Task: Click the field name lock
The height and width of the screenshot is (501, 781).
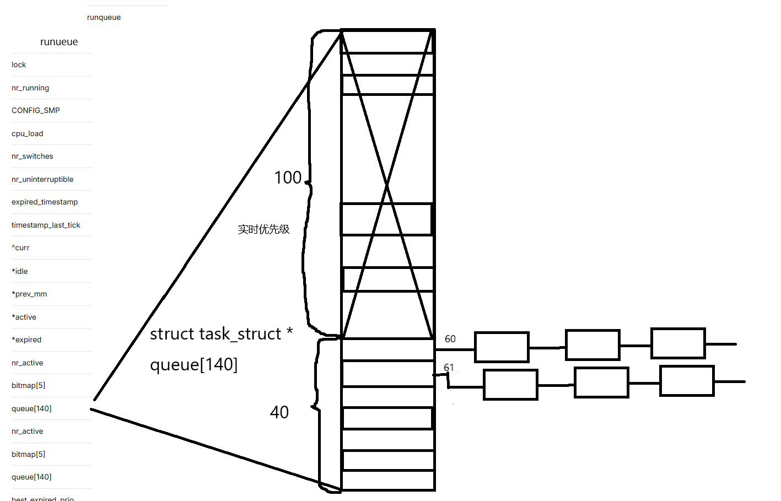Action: [x=19, y=65]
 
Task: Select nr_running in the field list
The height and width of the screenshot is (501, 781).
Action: [x=30, y=88]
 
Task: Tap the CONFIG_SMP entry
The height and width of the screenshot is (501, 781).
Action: [x=36, y=110]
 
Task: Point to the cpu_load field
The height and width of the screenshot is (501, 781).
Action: [x=28, y=133]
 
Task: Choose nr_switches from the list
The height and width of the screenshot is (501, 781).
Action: [x=33, y=157]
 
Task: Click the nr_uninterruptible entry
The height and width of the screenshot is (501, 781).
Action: [x=42, y=179]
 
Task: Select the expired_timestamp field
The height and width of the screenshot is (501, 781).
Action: [x=45, y=202]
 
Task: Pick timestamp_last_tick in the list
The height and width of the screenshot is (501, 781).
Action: [x=46, y=225]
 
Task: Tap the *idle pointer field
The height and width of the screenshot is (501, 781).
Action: [x=20, y=271]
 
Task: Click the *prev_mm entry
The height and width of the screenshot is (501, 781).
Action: [x=29, y=294]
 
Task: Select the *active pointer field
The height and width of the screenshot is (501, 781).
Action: [x=24, y=317]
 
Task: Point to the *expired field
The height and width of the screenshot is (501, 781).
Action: [x=26, y=340]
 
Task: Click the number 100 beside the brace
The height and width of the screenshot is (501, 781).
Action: [x=288, y=177]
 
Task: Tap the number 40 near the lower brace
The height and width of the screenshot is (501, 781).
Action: [x=279, y=412]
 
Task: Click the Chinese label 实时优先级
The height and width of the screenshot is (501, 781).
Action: [x=263, y=229]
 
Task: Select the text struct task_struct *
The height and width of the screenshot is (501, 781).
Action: [x=221, y=334]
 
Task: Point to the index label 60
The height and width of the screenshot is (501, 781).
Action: [x=450, y=339]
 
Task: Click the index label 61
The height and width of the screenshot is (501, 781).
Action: [x=449, y=367]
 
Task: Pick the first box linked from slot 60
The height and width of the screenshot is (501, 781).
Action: [x=502, y=347]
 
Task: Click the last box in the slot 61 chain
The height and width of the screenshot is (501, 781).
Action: [x=687, y=381]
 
